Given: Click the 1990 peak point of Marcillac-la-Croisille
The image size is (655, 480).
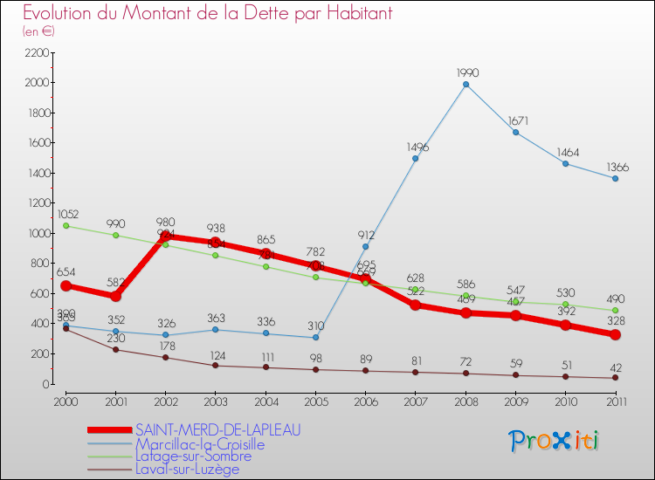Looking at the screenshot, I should coord(465,85).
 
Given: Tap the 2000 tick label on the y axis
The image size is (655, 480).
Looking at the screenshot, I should coord(36,83).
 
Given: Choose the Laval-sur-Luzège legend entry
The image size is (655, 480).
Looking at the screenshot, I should coord(187,469).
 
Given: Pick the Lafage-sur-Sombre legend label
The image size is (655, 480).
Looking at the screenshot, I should coord(193,456).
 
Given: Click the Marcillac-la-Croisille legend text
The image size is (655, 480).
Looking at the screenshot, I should coord(200,443).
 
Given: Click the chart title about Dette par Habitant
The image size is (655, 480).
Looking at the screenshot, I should coord(207,13).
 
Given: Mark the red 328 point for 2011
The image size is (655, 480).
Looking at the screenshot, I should coord(615,334).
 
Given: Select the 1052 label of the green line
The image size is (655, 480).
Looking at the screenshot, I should coord(68,215).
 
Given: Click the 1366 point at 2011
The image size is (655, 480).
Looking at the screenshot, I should coord(615,178).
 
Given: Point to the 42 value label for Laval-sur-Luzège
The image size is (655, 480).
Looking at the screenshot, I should coord(615,367).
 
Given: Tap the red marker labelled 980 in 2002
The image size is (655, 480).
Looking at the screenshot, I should coord(165,237).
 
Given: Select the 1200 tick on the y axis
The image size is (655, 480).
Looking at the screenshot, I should coord(36,202).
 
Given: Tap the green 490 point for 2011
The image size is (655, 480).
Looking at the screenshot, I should coord(615,310).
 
